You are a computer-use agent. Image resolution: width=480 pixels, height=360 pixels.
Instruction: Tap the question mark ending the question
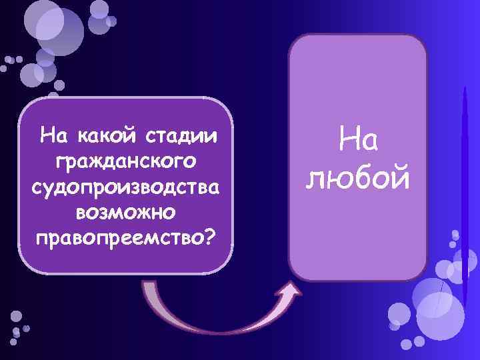click(211, 237)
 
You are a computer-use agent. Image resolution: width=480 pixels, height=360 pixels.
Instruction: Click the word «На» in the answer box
click(357, 141)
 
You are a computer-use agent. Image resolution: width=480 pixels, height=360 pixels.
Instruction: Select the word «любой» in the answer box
click(357, 177)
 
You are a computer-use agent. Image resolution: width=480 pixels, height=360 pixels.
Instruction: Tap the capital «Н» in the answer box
click(347, 141)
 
